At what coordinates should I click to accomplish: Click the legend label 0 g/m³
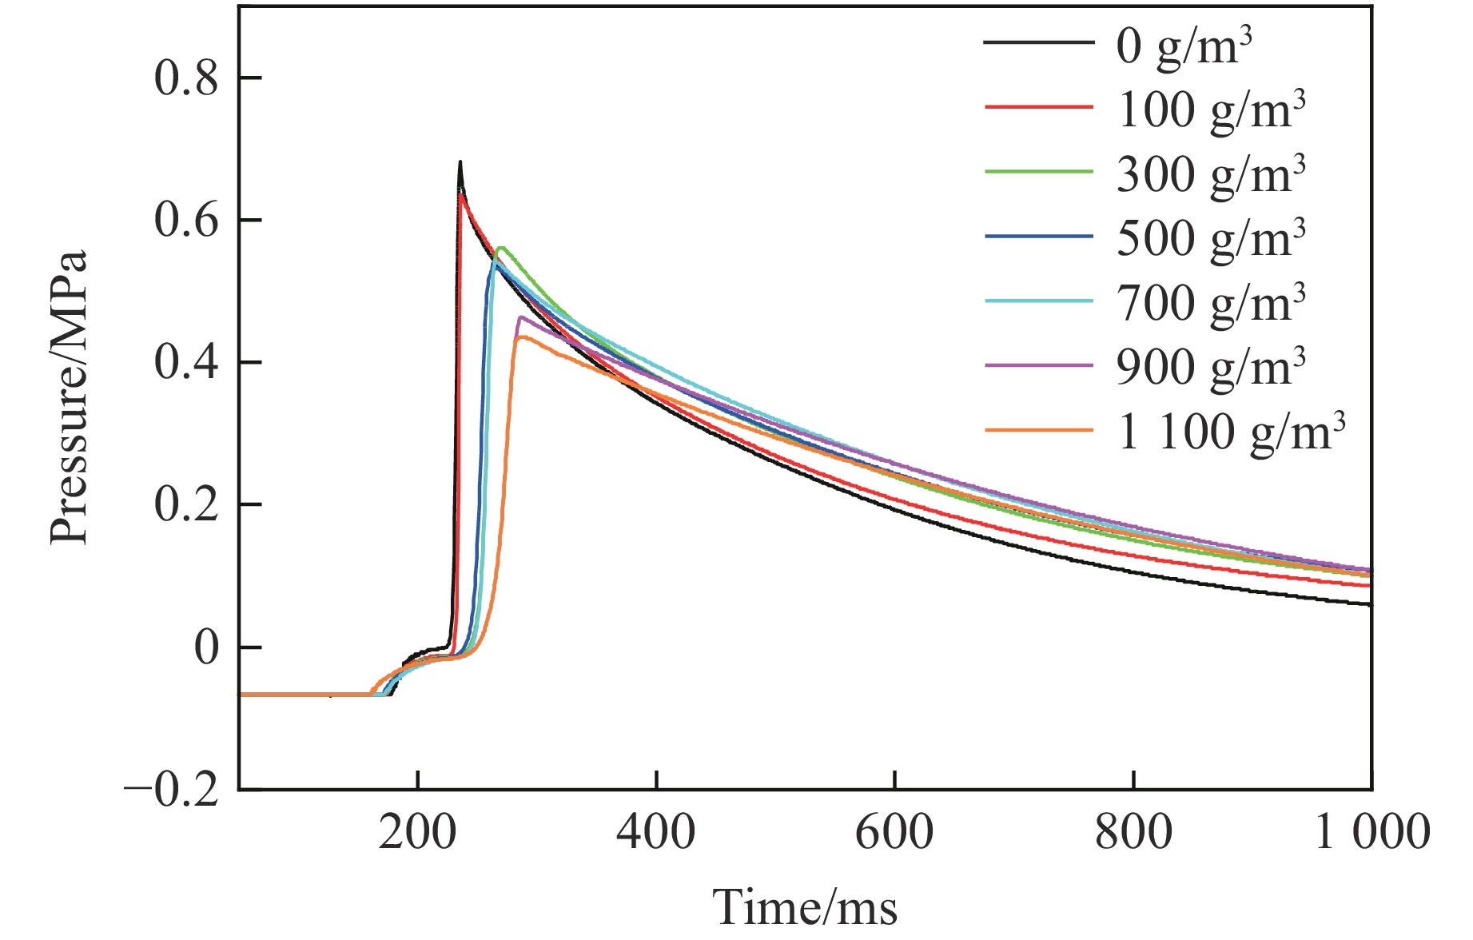click(x=1183, y=46)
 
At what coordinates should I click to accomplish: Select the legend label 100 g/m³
click(x=1210, y=110)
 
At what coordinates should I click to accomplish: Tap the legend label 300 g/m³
click(x=1210, y=174)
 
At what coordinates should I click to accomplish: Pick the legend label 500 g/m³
click(x=1210, y=238)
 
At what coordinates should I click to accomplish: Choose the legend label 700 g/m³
click(x=1210, y=302)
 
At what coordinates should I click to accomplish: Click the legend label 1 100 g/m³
click(x=1231, y=432)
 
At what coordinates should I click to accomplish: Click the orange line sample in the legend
click(x=1038, y=431)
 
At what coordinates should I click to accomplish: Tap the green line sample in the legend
click(x=1038, y=172)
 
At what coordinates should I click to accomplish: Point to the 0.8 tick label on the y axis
click(x=185, y=79)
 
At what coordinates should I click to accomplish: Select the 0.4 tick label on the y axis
click(x=185, y=364)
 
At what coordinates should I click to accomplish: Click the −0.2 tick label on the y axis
click(x=171, y=791)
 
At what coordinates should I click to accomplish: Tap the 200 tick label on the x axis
click(x=417, y=833)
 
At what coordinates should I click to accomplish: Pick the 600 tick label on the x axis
click(x=894, y=833)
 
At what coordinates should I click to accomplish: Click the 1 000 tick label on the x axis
click(x=1371, y=833)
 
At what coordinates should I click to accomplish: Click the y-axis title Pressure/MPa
click(x=69, y=397)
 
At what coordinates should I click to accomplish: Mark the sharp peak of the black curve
click(x=460, y=162)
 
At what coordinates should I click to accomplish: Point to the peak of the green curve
click(x=501, y=248)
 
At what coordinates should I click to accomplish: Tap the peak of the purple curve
click(x=520, y=317)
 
